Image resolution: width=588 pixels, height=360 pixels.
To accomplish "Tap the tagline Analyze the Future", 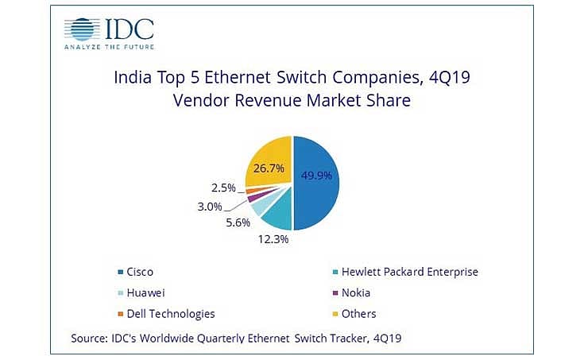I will (x=108, y=47).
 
